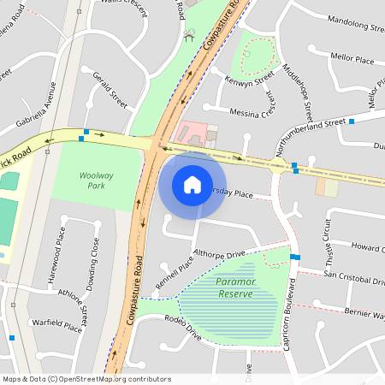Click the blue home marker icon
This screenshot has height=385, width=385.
pyautogui.click(x=192, y=185)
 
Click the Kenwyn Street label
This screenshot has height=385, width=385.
pyautogui.click(x=247, y=80)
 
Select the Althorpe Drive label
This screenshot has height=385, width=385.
pyautogui.click(x=220, y=254)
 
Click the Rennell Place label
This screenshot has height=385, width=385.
pyautogui.click(x=175, y=273)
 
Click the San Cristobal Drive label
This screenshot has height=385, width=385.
pyautogui.click(x=352, y=277)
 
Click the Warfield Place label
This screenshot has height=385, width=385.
pyautogui.click(x=56, y=325)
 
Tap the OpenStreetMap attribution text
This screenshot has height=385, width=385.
pyautogui.click(x=86, y=378)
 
